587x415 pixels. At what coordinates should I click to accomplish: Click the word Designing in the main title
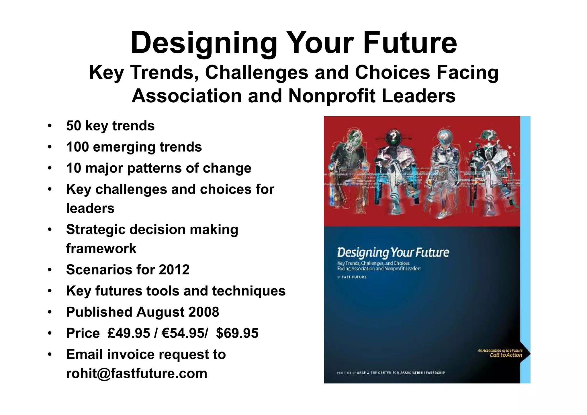[x=204, y=43]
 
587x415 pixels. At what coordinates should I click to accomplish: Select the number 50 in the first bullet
[x=73, y=126]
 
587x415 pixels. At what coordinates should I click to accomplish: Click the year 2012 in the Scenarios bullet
[x=174, y=270]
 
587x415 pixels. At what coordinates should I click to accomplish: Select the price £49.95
[x=129, y=333]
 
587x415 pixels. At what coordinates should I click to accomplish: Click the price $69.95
[x=237, y=333]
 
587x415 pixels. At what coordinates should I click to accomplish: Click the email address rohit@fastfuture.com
[x=136, y=373]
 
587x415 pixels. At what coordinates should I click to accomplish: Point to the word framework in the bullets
[x=101, y=248]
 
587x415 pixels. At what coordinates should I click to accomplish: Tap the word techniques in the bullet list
[x=249, y=291]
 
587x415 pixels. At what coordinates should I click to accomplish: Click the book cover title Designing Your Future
[x=393, y=252]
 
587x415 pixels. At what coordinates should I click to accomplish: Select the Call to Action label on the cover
[x=506, y=355]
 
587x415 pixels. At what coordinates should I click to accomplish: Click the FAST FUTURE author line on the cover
[x=354, y=277]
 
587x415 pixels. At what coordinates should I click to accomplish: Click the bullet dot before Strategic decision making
[x=50, y=230]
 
